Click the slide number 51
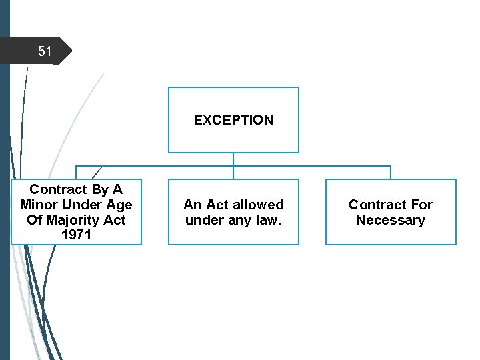tap(45, 51)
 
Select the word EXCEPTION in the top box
tap(233, 120)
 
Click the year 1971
tap(77, 235)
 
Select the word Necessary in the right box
tap(391, 220)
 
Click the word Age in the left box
tap(119, 205)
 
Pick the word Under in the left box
tap(83, 205)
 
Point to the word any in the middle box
tap(238, 220)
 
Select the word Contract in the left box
tap(58, 189)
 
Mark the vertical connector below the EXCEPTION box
tap(233, 159)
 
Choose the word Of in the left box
tap(35, 220)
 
